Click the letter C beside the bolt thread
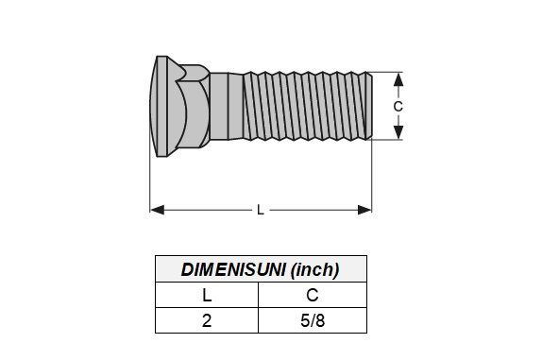coord(398,107)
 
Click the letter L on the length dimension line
coord(261,210)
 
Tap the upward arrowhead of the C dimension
coord(398,79)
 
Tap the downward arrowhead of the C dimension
coord(398,132)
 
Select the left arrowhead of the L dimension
coord(158,210)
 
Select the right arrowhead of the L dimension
coord(364,210)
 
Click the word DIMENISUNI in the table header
coord(233,269)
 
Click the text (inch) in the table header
coord(314,269)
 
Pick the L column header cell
coord(207,295)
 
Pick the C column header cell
coord(313,295)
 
